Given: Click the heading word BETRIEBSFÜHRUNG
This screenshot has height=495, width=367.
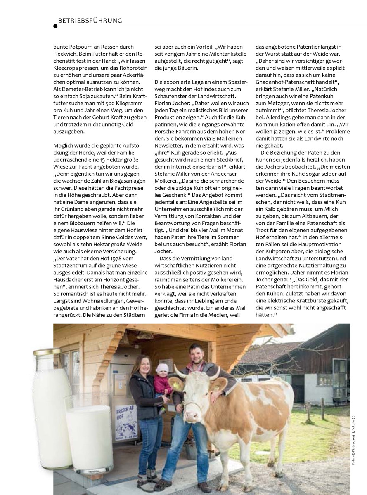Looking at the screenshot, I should coord(90,20).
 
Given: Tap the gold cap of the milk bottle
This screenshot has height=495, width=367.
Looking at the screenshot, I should coord(47,352).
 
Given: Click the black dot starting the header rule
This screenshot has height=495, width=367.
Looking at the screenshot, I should coord(55,26).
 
